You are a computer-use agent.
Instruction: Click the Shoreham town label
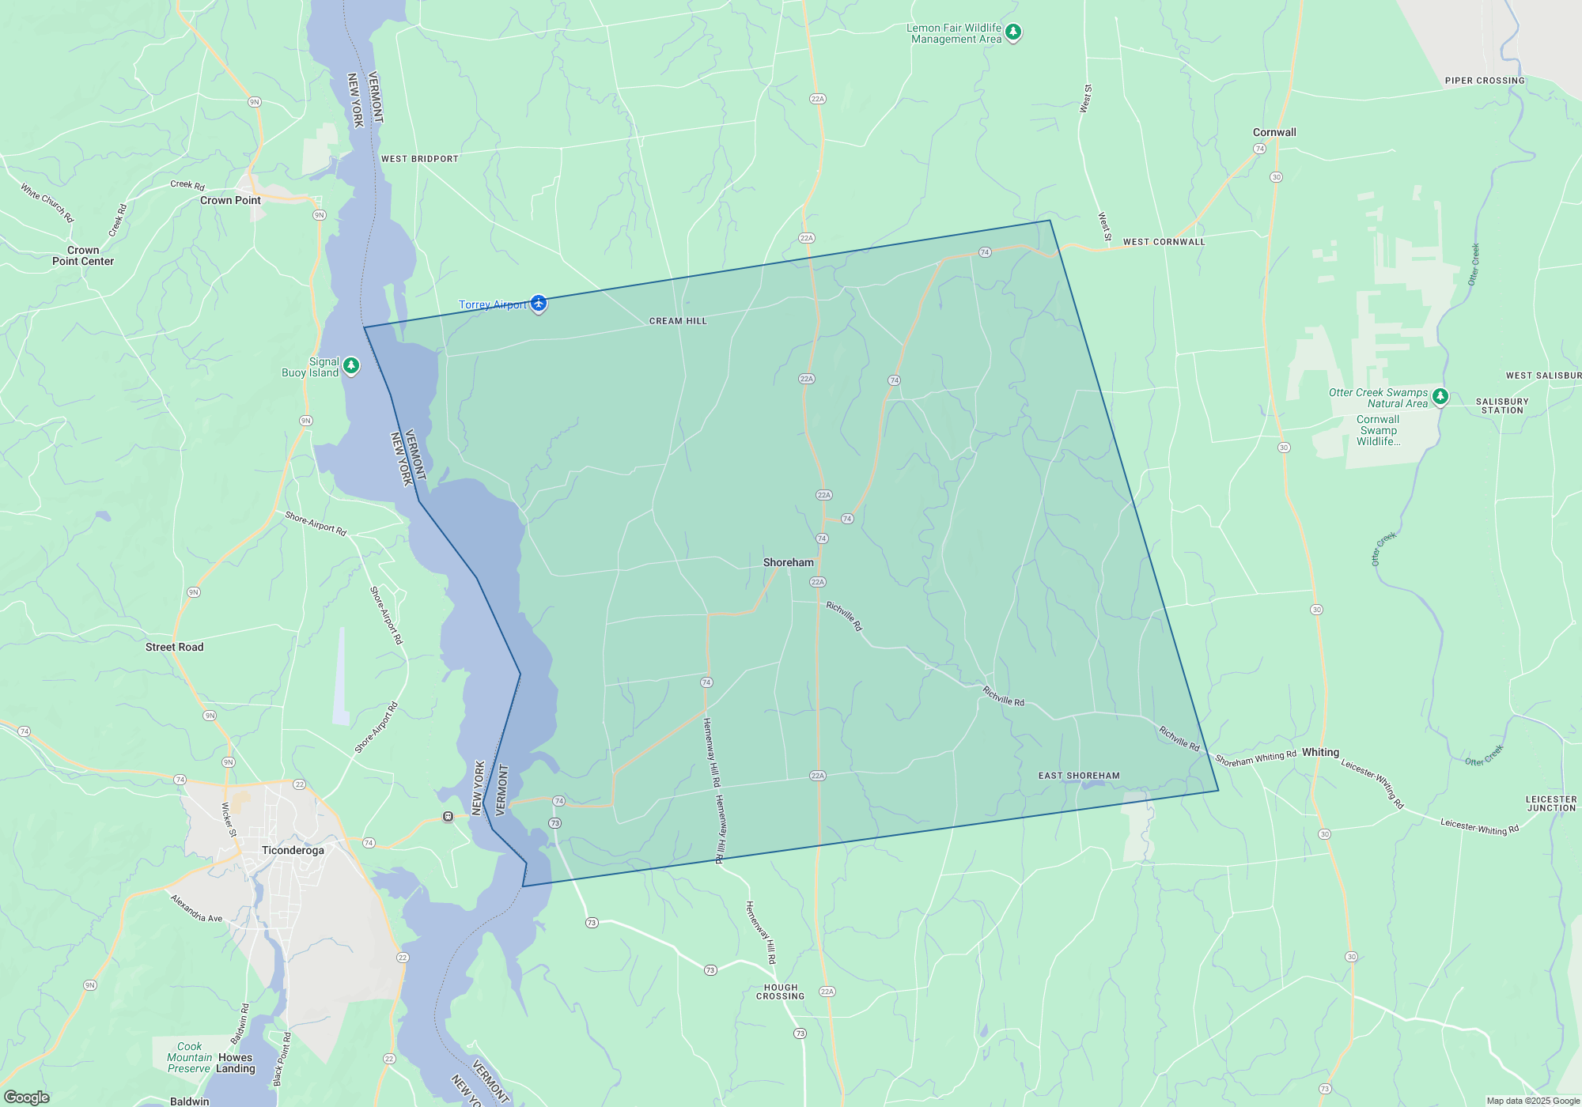coord(788,562)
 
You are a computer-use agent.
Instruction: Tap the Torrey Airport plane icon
coord(539,304)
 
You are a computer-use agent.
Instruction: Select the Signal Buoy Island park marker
coord(351,366)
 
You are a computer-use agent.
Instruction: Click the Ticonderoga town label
coord(293,850)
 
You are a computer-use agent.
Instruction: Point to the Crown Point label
coord(230,200)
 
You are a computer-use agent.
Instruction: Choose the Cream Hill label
coord(678,321)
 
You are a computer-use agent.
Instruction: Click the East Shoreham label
coord(1079,776)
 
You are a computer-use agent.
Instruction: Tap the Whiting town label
coord(1320,752)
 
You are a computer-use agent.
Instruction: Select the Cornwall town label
coord(1274,132)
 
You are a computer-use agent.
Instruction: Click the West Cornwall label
coord(1164,242)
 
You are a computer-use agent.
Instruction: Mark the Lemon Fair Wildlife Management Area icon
coord(1013,32)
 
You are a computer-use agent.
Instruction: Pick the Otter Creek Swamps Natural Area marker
coord(1440,397)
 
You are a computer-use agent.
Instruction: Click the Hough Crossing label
coord(780,992)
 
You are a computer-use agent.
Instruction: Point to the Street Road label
coord(174,647)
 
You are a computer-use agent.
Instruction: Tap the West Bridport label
coord(419,159)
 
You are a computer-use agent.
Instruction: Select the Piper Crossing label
coord(1484,81)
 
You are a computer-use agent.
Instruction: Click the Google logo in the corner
coord(27,1097)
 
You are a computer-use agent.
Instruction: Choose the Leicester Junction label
coord(1550,803)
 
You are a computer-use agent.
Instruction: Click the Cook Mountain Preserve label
coord(188,1057)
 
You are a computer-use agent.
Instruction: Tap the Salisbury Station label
coord(1501,406)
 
